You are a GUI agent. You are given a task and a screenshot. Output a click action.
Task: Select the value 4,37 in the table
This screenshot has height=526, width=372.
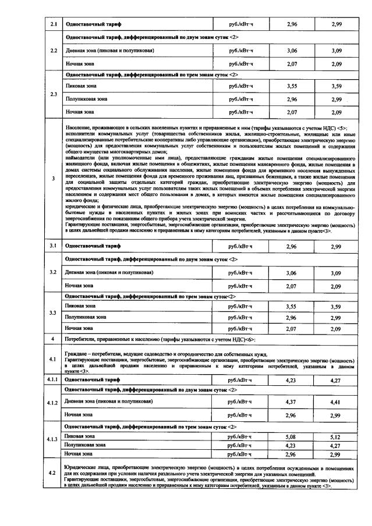pos(292,401)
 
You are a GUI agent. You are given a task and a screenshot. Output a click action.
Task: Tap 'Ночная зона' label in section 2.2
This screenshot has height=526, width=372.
pos(79,63)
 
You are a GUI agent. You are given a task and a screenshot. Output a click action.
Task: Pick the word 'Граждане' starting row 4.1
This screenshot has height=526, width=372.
pos(75,353)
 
